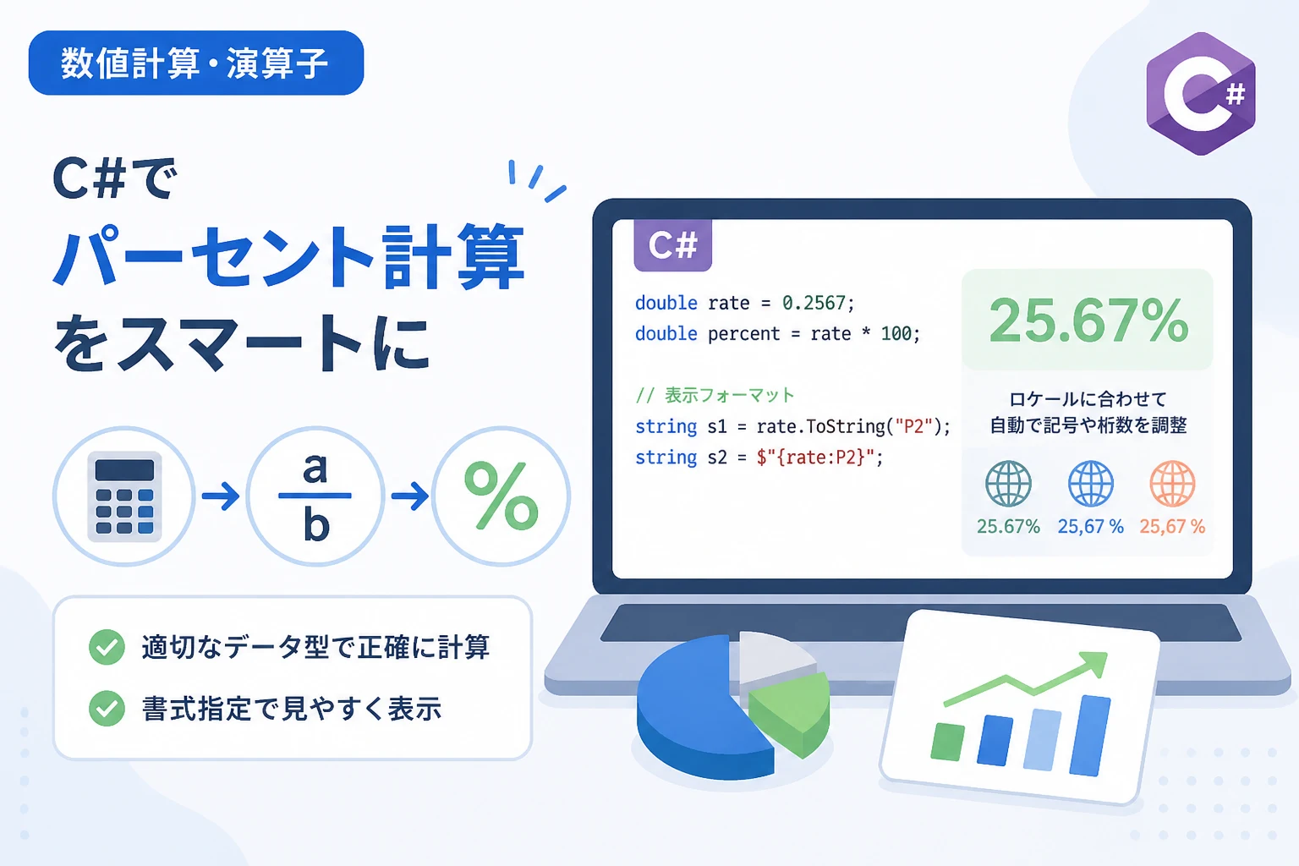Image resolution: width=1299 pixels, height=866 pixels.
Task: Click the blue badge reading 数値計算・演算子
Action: [196, 63]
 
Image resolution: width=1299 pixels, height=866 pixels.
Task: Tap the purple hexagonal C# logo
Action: [1200, 94]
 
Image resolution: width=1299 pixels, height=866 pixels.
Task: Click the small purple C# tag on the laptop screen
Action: [672, 245]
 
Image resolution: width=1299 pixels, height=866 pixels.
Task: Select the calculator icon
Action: [124, 496]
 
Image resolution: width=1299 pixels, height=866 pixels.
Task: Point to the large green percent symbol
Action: [501, 496]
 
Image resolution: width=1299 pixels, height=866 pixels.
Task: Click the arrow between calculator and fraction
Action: [221, 496]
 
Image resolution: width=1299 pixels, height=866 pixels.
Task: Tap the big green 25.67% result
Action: [1088, 321]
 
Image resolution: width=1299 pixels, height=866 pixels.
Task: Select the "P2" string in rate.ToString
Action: [913, 427]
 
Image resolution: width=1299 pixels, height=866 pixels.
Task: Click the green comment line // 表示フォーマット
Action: [715, 396]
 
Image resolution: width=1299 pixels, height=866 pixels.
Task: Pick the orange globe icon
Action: [1172, 484]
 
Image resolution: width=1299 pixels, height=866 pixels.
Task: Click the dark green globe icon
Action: [1008, 484]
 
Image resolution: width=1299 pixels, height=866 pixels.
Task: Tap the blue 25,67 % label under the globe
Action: [1090, 526]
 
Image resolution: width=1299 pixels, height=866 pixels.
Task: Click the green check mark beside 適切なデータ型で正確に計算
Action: [107, 647]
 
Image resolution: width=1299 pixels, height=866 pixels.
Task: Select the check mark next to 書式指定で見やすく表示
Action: [107, 708]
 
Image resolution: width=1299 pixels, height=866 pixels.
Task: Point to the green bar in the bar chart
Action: [947, 742]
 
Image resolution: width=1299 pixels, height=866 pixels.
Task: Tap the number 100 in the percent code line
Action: [896, 333]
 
